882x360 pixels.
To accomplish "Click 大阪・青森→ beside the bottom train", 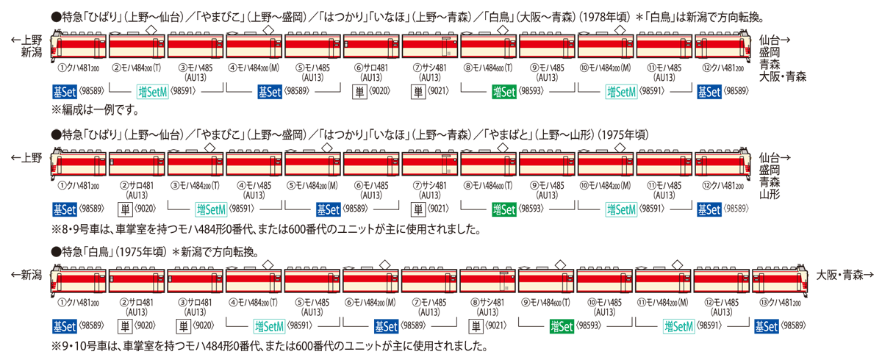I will tap(844, 275).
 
